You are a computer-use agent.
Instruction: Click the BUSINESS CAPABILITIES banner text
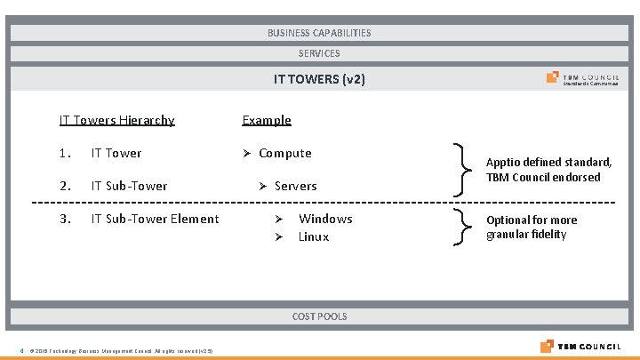click(x=319, y=33)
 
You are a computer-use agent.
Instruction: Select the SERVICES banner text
click(x=319, y=53)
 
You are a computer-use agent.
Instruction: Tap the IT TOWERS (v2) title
click(x=319, y=79)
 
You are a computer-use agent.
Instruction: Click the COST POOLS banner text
click(x=319, y=316)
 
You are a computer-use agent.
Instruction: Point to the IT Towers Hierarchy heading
click(x=116, y=120)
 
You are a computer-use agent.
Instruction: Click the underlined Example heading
click(x=267, y=120)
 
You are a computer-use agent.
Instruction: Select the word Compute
click(x=284, y=153)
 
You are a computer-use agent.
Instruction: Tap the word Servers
click(x=295, y=186)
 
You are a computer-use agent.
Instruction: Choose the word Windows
click(x=325, y=219)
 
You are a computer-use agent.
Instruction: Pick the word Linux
click(x=314, y=236)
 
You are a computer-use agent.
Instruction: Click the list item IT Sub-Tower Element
click(x=155, y=219)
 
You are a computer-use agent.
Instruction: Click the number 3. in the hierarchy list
click(x=65, y=219)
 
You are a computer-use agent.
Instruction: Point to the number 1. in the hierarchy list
click(x=65, y=153)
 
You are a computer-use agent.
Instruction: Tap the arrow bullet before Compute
click(x=248, y=154)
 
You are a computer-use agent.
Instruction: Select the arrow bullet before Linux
click(x=278, y=237)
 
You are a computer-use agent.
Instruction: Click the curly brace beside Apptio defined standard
click(x=459, y=169)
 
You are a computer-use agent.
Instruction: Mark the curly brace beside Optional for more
click(x=459, y=228)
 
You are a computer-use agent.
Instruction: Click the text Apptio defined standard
click(x=548, y=163)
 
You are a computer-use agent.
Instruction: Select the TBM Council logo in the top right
click(x=583, y=79)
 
